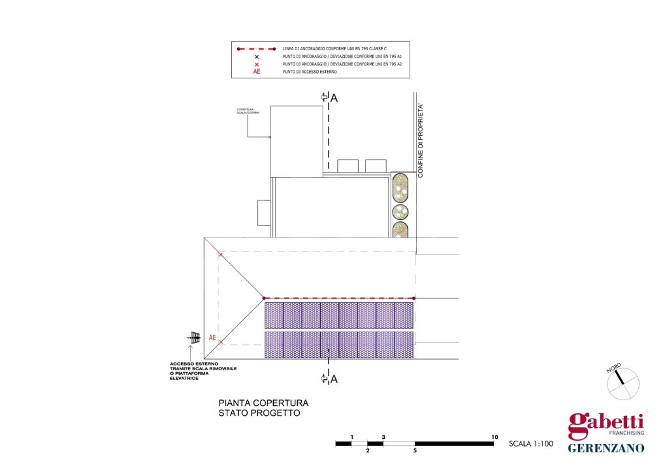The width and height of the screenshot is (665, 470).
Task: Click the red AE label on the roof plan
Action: tap(212, 338)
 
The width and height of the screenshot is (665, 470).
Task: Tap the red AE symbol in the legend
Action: tap(257, 72)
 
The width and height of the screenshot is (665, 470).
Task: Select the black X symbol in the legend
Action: tap(257, 57)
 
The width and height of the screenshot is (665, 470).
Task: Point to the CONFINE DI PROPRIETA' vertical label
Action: tap(421, 140)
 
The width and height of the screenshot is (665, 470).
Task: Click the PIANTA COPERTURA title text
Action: tap(263, 403)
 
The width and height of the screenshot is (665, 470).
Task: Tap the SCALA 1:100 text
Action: tap(531, 445)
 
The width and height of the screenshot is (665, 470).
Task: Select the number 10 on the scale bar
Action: tap(495, 437)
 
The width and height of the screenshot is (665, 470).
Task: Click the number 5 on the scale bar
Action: tap(415, 450)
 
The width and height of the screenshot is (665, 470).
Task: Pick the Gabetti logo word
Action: tap(606, 424)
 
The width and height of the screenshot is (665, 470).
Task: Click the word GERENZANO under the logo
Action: tap(606, 448)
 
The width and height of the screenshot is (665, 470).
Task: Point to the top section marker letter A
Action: tap(334, 98)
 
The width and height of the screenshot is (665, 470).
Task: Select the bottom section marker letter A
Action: tap(333, 379)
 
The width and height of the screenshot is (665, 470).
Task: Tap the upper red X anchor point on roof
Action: tap(221, 255)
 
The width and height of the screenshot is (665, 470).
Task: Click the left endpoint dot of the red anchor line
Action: tap(264, 298)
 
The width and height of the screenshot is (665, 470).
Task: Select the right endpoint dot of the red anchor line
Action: tap(415, 298)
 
